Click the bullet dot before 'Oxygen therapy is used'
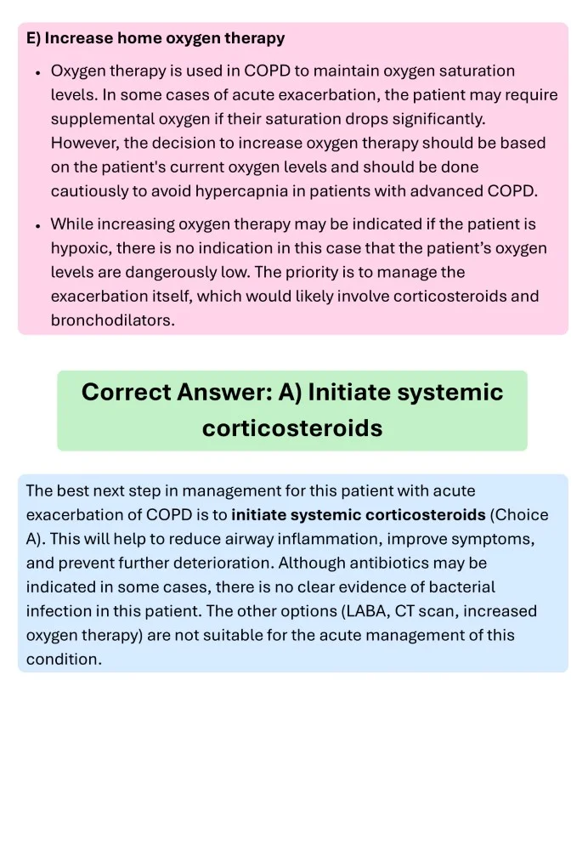point(38,73)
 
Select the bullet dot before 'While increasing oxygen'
point(38,226)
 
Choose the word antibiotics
point(416,563)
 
